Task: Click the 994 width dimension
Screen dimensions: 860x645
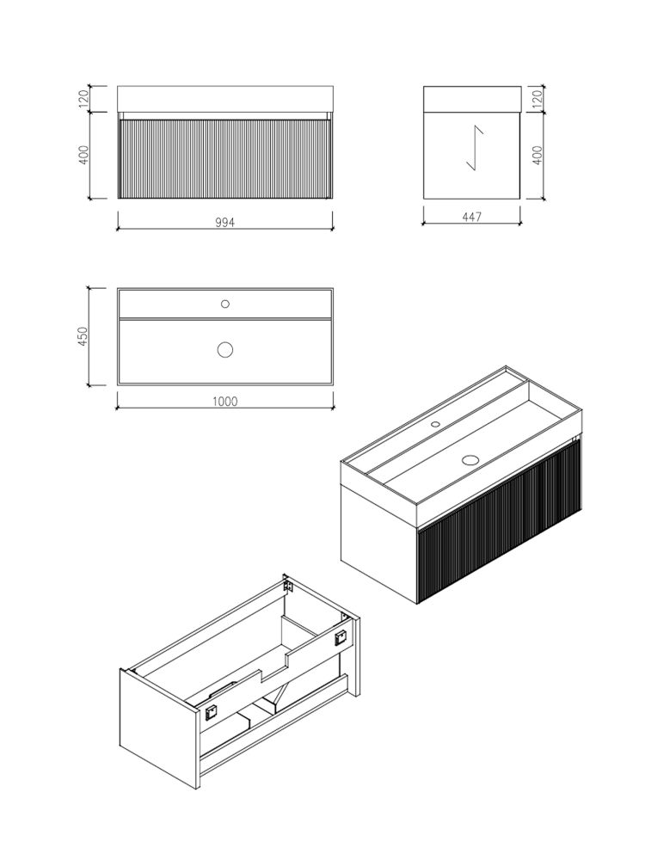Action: tap(225, 221)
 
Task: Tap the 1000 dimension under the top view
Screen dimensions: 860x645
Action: tap(225, 401)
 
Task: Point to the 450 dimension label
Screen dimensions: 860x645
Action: tap(83, 336)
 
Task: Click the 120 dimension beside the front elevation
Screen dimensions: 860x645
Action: tap(83, 98)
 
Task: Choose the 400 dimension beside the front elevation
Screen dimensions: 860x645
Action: tap(83, 155)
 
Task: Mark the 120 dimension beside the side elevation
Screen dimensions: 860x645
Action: tap(537, 98)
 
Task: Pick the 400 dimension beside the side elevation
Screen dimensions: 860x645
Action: tap(537, 155)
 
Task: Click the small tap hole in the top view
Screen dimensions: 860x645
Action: tap(225, 304)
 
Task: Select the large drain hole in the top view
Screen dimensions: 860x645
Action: tap(225, 349)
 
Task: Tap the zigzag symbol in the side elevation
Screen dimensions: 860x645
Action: tap(474, 149)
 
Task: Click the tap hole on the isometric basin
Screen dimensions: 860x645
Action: tap(435, 424)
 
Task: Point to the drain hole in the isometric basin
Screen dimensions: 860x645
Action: tap(470, 459)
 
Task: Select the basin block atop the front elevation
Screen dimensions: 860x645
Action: tap(225, 98)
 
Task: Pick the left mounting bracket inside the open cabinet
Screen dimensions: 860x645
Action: tap(211, 710)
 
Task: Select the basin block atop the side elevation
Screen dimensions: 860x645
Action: tap(472, 98)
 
